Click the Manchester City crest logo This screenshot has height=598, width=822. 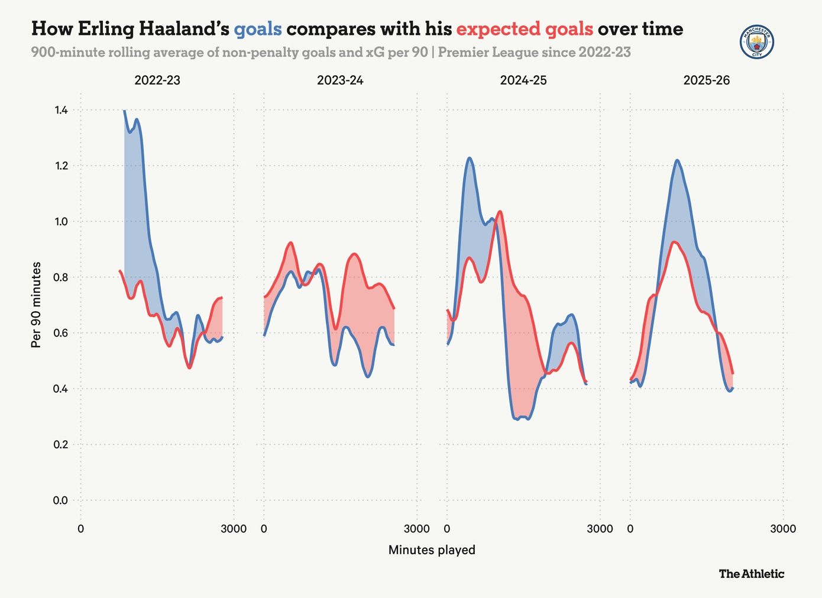(x=757, y=42)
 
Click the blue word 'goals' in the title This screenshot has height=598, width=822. (x=258, y=29)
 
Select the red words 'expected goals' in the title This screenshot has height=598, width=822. (x=525, y=29)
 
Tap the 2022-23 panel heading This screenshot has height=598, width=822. (x=157, y=80)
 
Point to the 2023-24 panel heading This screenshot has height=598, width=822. (x=340, y=80)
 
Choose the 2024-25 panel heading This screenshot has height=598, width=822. (x=523, y=80)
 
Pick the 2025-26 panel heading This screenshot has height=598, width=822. (x=707, y=80)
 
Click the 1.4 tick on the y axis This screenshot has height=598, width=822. (x=61, y=111)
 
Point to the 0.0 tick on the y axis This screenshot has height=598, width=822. (x=61, y=500)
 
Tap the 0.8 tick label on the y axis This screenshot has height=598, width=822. (x=61, y=277)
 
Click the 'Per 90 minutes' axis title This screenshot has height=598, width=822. (x=37, y=305)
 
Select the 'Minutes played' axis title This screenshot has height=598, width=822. (x=432, y=550)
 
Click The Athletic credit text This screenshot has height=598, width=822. (x=752, y=574)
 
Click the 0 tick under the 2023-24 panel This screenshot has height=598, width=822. (x=264, y=528)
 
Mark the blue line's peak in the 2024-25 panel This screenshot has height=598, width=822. (x=470, y=158)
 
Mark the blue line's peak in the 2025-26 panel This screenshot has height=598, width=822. (x=677, y=160)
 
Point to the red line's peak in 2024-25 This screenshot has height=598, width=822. (x=500, y=211)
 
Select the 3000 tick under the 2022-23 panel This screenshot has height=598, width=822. (x=234, y=528)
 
